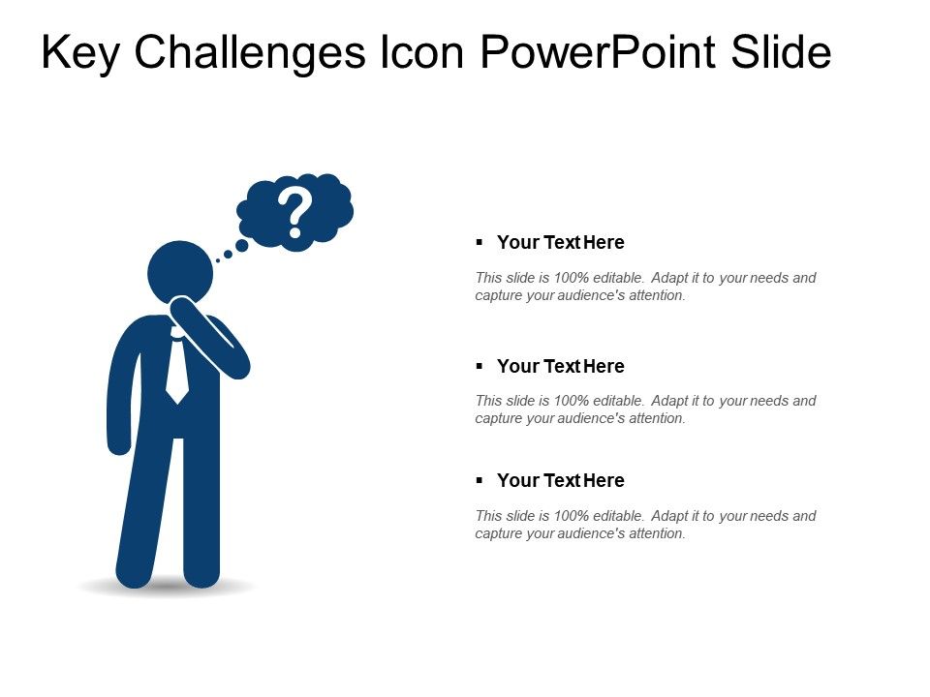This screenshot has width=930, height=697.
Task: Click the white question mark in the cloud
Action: pyautogui.click(x=294, y=214)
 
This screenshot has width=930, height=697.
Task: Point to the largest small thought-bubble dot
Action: pyautogui.click(x=241, y=246)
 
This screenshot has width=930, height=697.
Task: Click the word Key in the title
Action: pyautogui.click(x=80, y=54)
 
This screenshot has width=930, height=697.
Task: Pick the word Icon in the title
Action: pyautogui.click(x=413, y=54)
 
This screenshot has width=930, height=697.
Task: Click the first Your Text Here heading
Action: pyautogui.click(x=560, y=242)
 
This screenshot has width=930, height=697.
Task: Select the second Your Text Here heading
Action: pyautogui.click(x=560, y=366)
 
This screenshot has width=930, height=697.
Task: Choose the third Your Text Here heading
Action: pyautogui.click(x=560, y=480)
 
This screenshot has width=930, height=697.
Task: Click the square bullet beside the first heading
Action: pyautogui.click(x=480, y=242)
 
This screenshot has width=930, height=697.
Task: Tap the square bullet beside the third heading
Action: pyautogui.click(x=480, y=480)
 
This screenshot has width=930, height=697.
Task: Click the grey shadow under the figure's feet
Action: pyautogui.click(x=166, y=588)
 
